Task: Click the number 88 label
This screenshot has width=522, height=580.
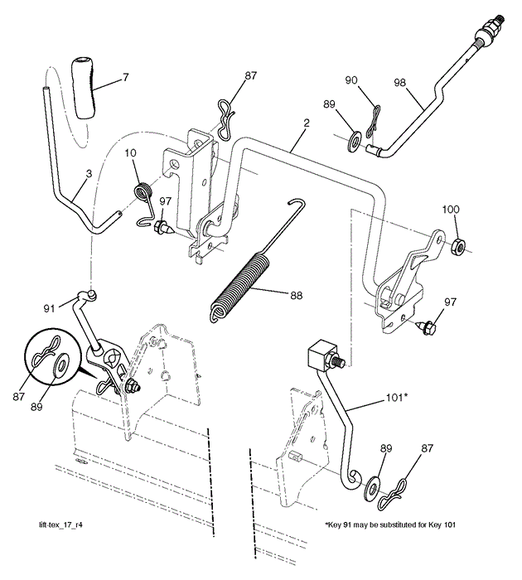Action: pos(297,294)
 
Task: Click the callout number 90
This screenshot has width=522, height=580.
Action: pos(351,80)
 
